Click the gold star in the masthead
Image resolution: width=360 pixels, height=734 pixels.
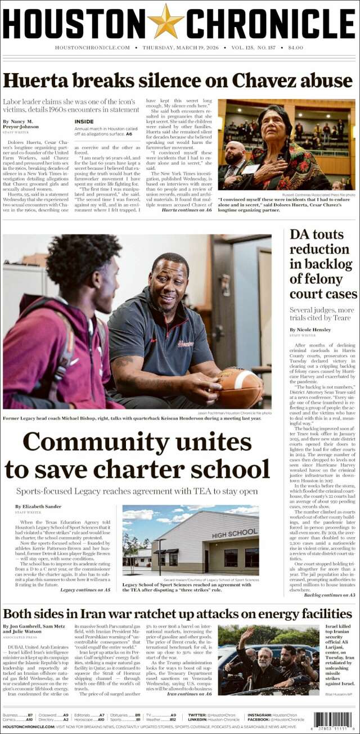click(166, 21)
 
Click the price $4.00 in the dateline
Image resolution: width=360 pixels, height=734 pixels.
click(295, 48)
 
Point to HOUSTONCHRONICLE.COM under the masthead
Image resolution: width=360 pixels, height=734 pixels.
click(93, 48)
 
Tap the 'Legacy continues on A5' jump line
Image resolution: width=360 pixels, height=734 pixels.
click(85, 590)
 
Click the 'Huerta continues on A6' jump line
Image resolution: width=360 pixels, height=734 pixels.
click(186, 210)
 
